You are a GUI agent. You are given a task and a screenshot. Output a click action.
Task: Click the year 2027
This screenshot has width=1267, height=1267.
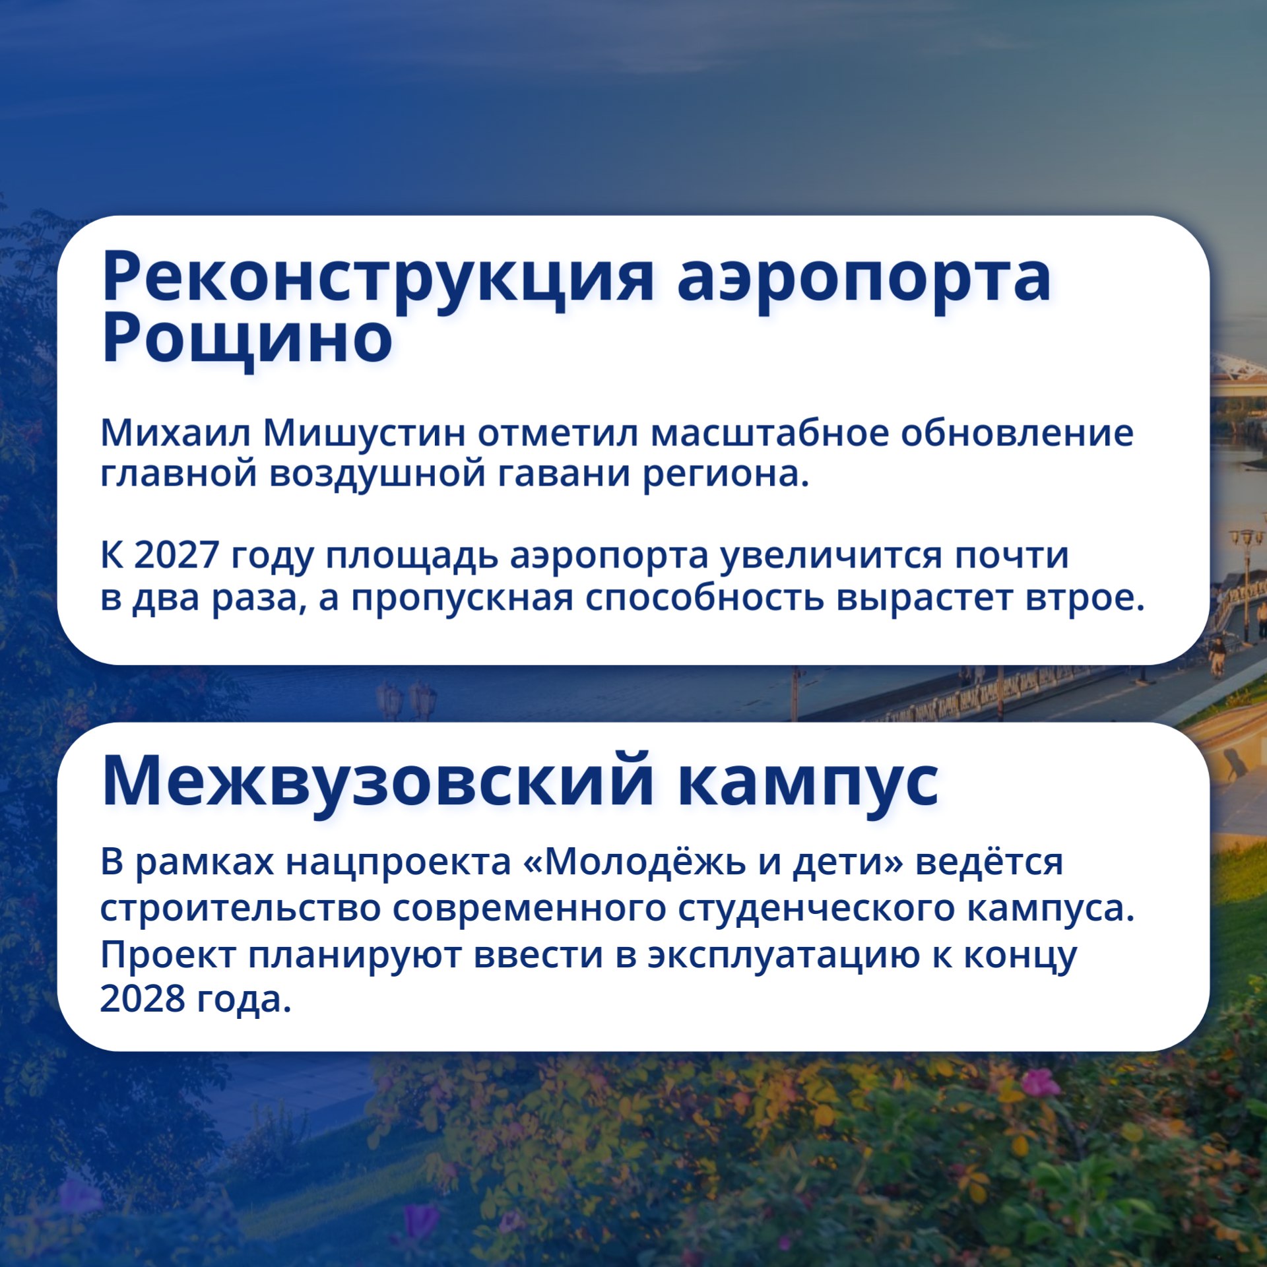point(176,555)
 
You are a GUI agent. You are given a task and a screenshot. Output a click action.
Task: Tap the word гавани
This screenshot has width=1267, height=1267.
point(564,474)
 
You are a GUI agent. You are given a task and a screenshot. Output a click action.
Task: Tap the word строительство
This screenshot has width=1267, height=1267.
point(240,908)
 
